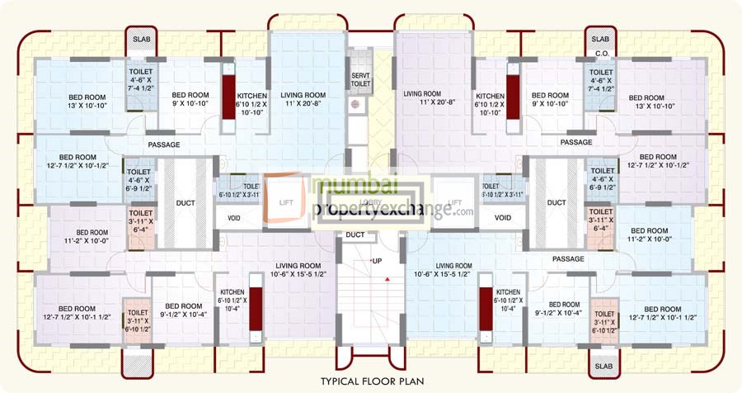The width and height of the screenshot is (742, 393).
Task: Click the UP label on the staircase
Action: [377, 261]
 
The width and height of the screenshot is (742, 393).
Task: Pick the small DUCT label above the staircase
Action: [355, 234]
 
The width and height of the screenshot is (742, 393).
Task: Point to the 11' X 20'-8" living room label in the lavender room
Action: [428, 100]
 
